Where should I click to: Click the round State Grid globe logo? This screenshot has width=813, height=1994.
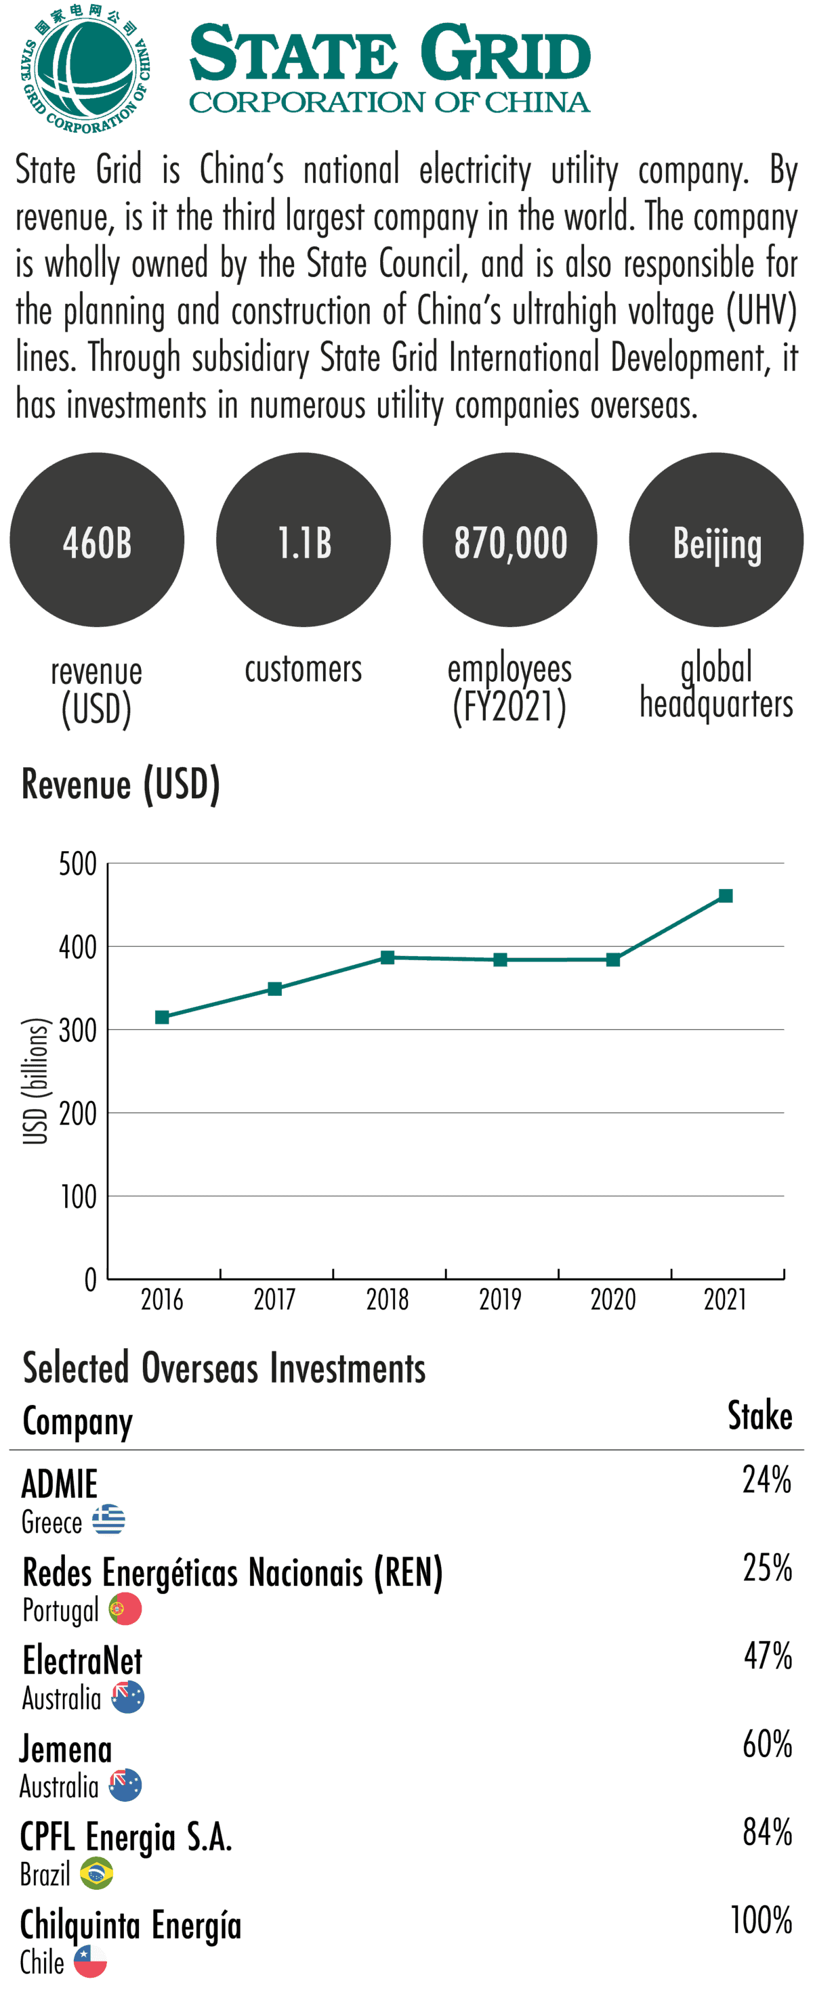(85, 68)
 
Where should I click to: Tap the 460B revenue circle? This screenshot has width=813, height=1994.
(97, 540)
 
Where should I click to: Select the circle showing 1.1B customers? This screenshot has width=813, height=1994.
(304, 540)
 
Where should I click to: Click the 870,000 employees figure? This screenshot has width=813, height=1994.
(510, 542)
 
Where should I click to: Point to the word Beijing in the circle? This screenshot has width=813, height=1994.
(717, 544)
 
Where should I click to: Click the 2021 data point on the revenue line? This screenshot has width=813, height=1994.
(726, 896)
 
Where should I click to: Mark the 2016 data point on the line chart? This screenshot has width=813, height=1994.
(162, 1017)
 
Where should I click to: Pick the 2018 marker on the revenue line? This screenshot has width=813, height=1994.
(387, 957)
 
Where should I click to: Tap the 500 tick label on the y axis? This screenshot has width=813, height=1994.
(78, 864)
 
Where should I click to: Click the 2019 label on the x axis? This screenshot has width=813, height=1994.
(500, 1299)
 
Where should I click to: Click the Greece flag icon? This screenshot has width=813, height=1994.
(108, 1519)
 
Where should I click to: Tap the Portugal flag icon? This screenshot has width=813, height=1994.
(125, 1609)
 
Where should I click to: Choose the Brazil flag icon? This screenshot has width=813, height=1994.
(97, 1873)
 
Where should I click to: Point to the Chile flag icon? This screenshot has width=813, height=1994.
(91, 1962)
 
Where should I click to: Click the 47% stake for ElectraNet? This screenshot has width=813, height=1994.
(768, 1655)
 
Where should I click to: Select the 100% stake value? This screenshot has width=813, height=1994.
(761, 1920)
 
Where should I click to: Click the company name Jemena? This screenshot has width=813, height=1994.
(66, 1749)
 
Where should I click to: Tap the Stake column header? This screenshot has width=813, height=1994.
(759, 1416)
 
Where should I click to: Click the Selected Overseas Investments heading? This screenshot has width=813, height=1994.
(224, 1368)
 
